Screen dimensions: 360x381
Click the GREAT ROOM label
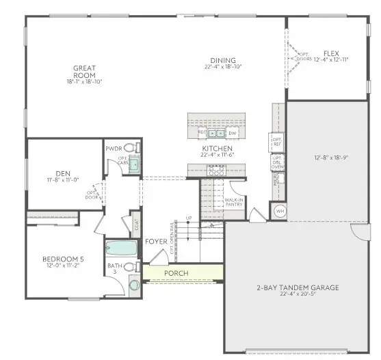85,68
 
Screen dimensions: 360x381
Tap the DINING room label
224,60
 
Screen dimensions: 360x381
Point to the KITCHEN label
218,149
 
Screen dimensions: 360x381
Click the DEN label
63,173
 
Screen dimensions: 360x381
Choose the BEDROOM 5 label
64,259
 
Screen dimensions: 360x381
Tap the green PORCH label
176,273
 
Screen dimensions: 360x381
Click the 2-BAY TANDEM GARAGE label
298,288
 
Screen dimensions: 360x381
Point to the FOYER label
155,242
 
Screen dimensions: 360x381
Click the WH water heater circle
279,211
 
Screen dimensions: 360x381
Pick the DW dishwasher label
233,133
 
